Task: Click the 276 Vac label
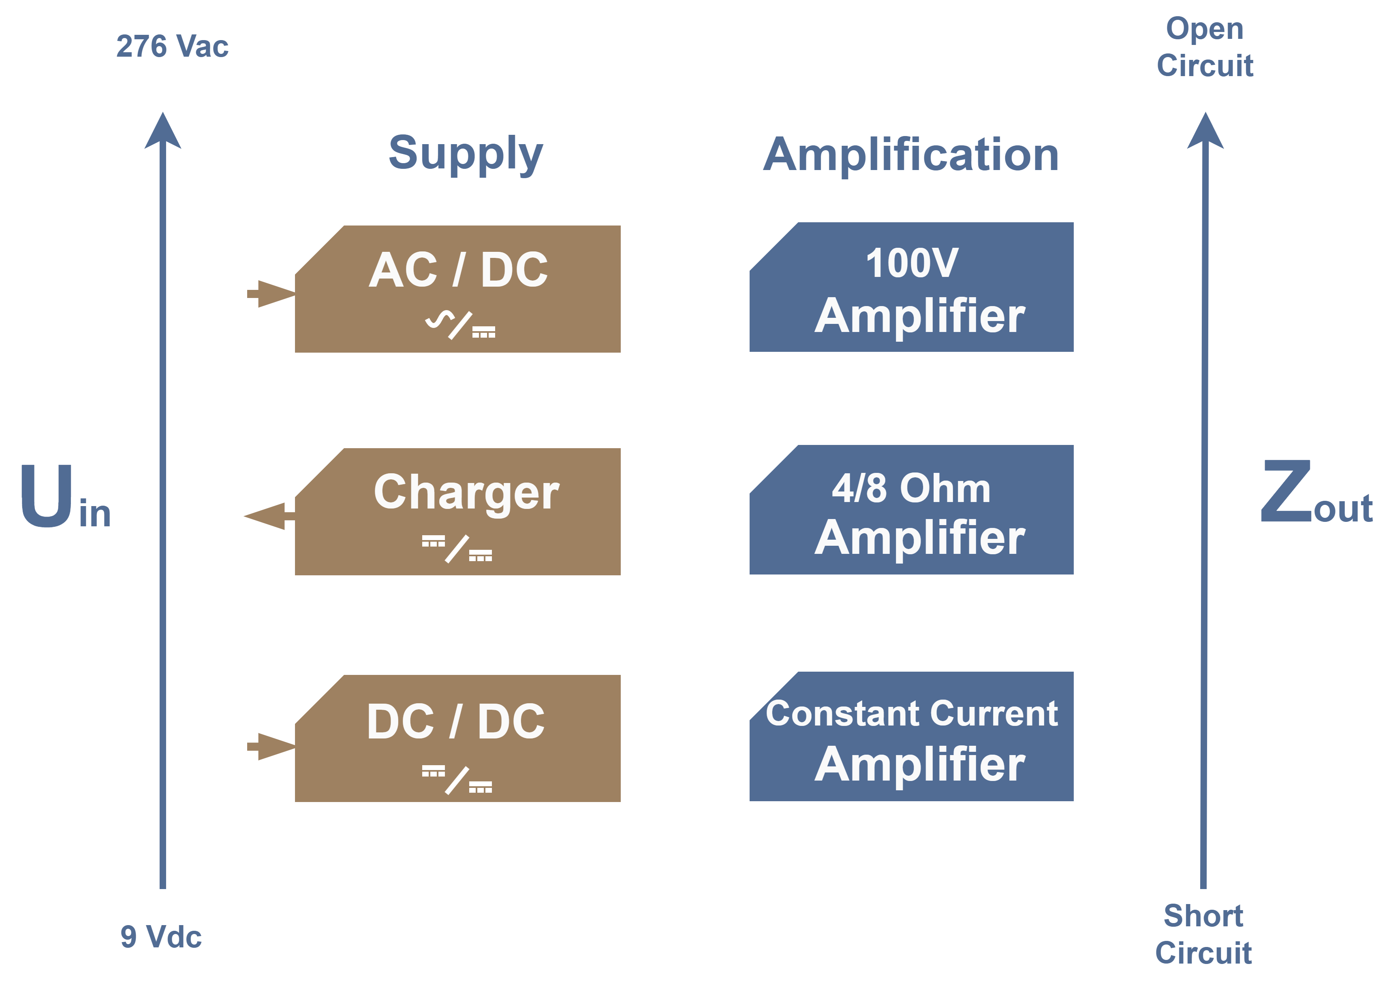pyautogui.click(x=172, y=47)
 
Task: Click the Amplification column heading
pyautogui.click(x=910, y=155)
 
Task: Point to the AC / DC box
pyautogui.click(x=458, y=289)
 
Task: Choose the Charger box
pyautogui.click(x=458, y=512)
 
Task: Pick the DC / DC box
pyautogui.click(x=458, y=738)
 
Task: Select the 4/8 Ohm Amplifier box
pyautogui.click(x=912, y=510)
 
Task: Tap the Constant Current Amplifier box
pyautogui.click(x=912, y=737)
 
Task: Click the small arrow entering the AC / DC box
pyautogui.click(x=271, y=294)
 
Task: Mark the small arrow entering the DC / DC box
pyautogui.click(x=271, y=746)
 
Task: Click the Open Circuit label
pyautogui.click(x=1205, y=47)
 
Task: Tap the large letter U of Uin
pyautogui.click(x=47, y=495)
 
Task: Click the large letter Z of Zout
pyautogui.click(x=1285, y=491)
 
